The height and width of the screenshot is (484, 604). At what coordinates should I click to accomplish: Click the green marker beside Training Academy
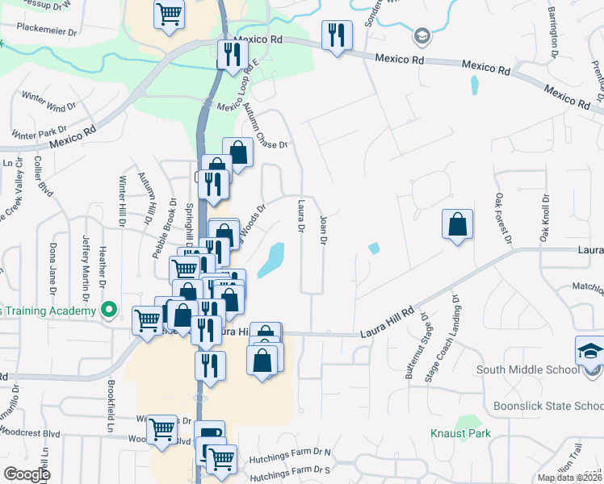click(107, 311)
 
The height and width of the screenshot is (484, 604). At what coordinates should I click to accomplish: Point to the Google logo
click(26, 474)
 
